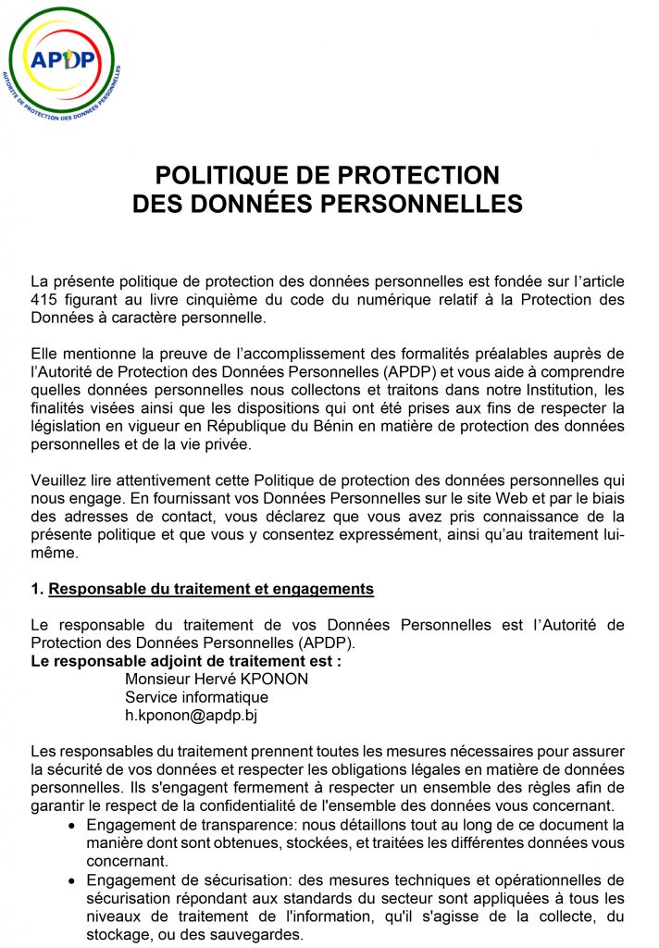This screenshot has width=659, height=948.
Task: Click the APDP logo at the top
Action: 61,62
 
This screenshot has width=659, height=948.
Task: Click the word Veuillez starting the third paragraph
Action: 61,482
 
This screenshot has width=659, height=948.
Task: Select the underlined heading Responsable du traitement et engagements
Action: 210,589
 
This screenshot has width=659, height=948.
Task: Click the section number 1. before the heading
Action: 37,589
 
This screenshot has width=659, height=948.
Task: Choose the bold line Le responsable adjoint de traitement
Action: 185,661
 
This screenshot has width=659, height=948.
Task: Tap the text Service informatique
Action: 196,696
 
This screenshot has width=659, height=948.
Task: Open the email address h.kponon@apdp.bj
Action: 191,715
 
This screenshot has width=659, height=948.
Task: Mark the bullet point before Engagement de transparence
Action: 73,825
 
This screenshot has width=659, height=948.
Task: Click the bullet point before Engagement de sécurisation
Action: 73,880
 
